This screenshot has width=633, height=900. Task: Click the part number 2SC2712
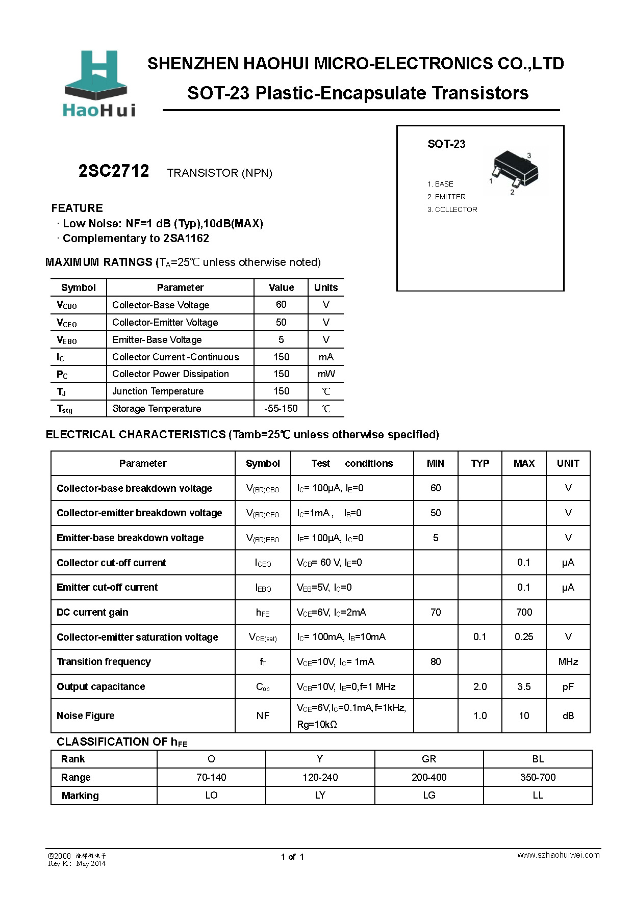(114, 171)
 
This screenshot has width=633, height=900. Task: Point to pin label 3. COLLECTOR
(452, 209)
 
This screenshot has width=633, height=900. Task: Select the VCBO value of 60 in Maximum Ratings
(281, 305)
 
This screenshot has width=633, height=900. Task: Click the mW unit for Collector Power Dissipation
(326, 374)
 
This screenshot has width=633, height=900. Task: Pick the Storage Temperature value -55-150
(281, 409)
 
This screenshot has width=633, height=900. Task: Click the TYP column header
(480, 463)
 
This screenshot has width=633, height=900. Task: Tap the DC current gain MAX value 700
(524, 612)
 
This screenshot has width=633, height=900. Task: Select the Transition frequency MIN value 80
(436, 661)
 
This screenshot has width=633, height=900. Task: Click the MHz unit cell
(568, 661)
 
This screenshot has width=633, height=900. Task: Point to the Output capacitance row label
(101, 686)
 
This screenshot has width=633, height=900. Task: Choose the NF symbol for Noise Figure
(263, 716)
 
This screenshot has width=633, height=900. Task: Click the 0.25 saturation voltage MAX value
(524, 637)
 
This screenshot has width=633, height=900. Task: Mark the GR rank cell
(429, 759)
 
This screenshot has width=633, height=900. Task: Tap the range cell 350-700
(538, 777)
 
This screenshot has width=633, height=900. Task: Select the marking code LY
(320, 795)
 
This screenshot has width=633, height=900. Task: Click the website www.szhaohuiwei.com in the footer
(559, 855)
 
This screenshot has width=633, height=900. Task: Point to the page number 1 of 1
(292, 857)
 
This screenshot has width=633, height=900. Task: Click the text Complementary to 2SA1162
(136, 239)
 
